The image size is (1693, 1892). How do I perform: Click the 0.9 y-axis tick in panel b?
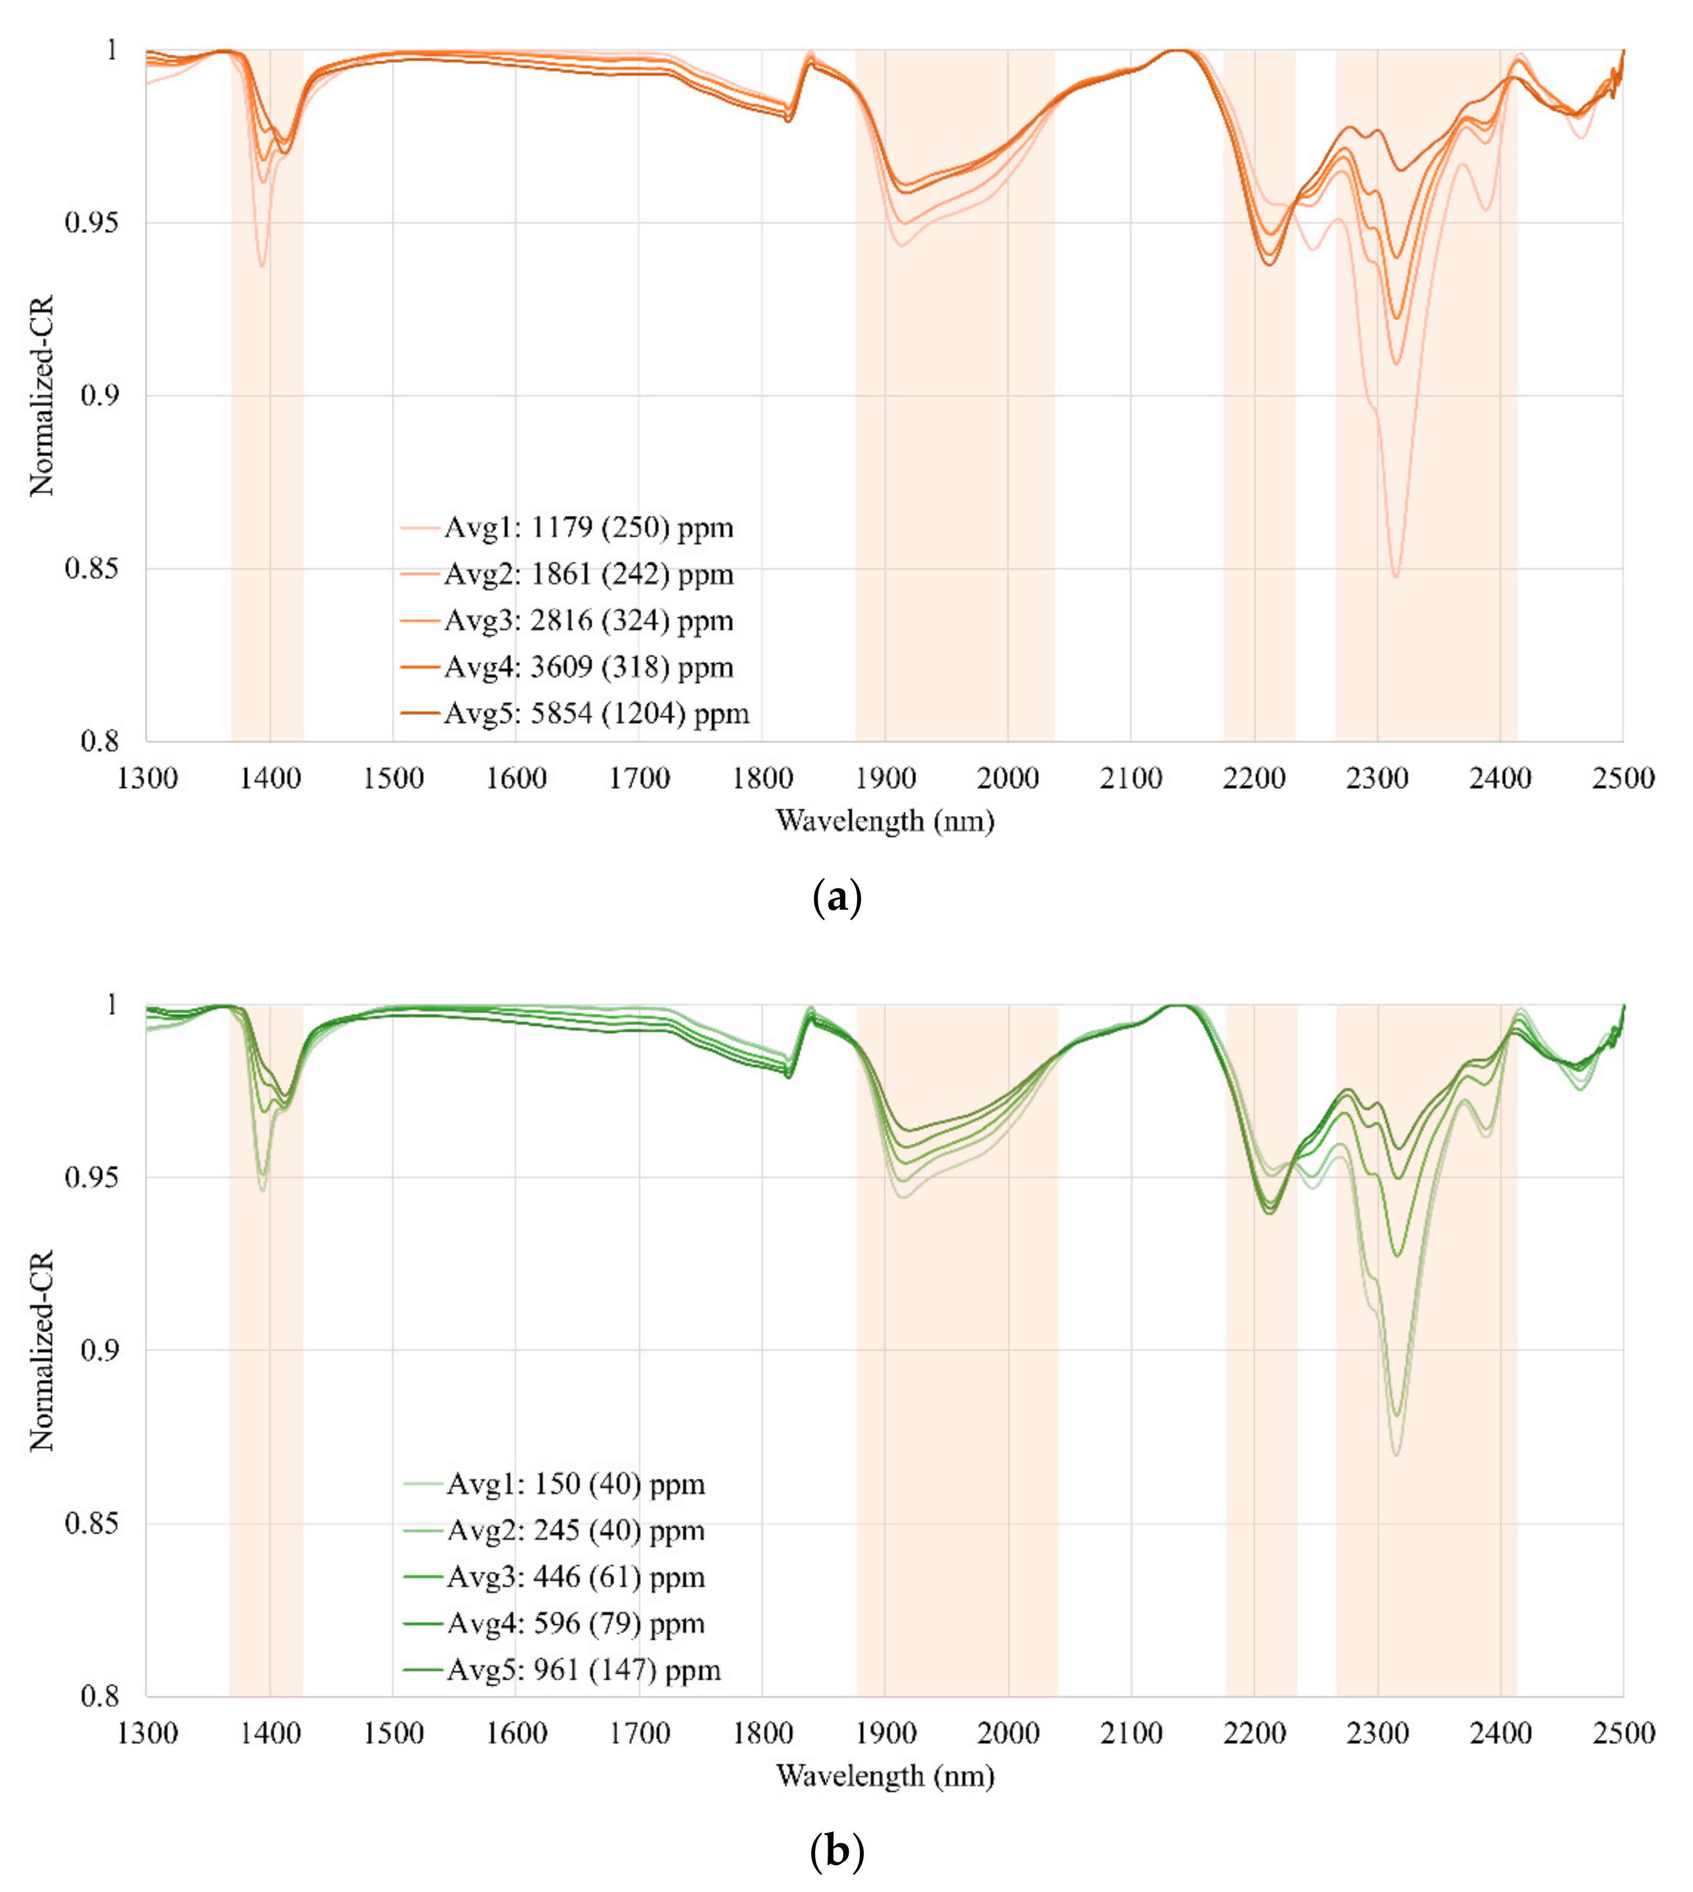coord(100,1350)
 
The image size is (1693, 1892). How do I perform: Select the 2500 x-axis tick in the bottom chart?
coord(1623,1732)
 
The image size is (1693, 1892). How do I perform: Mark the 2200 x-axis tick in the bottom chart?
coord(1254,1732)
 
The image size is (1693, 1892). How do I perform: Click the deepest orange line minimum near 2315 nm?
coord(1395,576)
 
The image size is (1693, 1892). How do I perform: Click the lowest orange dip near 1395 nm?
coord(262,266)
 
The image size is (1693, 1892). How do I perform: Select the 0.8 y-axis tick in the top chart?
coord(100,741)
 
